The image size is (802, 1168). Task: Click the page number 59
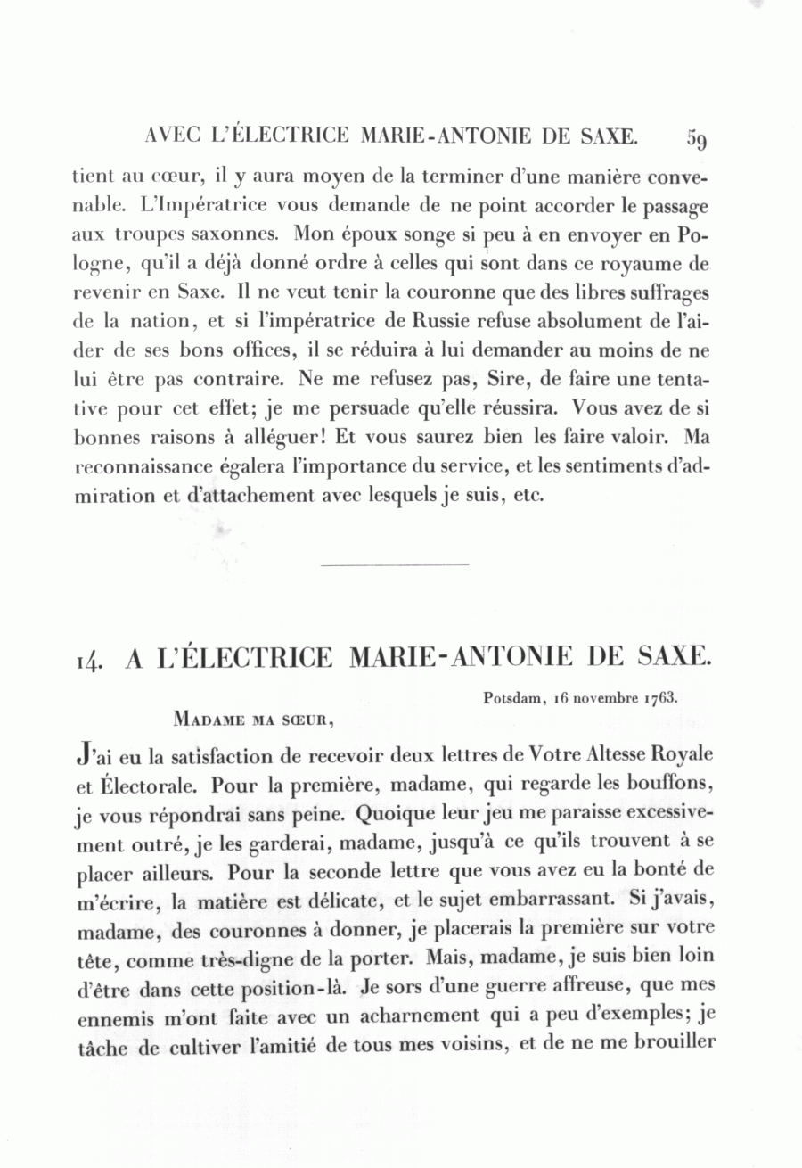click(697, 138)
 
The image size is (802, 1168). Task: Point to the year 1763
click(660, 698)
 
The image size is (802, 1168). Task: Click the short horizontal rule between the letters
click(393, 564)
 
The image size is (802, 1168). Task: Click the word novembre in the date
click(601, 698)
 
